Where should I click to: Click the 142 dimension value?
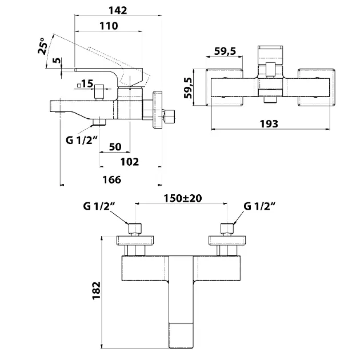pos(118,10)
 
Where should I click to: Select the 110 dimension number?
pos(109,26)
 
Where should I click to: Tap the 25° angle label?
pos(43,46)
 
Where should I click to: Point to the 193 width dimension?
pos(269,124)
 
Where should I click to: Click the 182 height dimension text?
pos(97,290)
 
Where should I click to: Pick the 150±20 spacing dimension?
pos(183,198)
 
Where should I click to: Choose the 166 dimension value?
pos(112,180)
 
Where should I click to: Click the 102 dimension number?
pos(130,162)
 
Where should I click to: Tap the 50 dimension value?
pos(115,147)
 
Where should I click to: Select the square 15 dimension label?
pos(85,84)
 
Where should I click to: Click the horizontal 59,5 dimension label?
pos(225,51)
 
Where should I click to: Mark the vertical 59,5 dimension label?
pos(188,87)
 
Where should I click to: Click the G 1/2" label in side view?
pos(82,140)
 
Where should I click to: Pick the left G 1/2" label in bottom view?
pos(99,206)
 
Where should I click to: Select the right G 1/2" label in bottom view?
pos(259,206)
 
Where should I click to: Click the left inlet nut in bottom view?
pos(135,228)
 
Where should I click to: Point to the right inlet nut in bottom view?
pos(227,228)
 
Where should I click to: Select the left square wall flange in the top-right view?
pos(225,87)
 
